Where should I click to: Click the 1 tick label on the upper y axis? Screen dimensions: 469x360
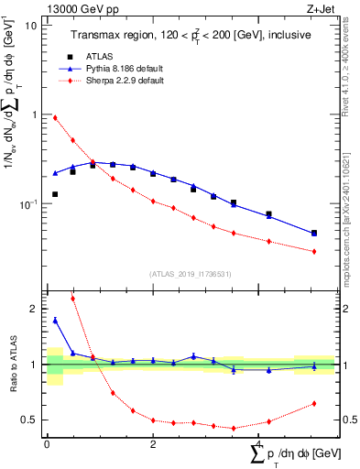34,115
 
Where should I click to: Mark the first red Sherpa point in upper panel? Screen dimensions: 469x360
55,117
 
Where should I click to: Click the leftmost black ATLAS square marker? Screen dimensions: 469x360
55,194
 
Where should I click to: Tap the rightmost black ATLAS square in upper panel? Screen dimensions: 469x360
314,234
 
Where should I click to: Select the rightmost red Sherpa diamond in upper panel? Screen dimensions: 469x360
314,251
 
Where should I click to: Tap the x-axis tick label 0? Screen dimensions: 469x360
47,444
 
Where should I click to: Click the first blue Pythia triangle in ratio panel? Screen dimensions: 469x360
55,320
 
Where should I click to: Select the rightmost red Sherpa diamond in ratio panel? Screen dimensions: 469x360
314,403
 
